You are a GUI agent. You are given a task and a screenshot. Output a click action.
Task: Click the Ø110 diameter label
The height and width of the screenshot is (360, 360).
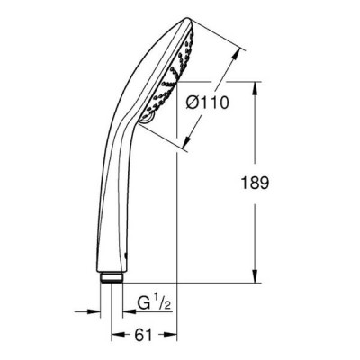[x=207, y=103]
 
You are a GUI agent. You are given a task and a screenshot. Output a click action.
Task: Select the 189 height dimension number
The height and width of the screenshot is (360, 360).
[x=255, y=183]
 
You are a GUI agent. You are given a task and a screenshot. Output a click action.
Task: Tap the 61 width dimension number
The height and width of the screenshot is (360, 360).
[x=143, y=335]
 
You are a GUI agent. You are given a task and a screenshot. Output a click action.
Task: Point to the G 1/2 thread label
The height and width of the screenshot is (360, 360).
[x=154, y=303]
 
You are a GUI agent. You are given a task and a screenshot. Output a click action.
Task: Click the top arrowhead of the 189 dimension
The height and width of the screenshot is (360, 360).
[x=255, y=88]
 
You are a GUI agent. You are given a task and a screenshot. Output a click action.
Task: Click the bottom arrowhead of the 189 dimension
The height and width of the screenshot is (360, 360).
[x=255, y=276]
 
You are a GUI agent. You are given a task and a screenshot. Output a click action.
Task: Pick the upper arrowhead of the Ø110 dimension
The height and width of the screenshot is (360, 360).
[x=237, y=54]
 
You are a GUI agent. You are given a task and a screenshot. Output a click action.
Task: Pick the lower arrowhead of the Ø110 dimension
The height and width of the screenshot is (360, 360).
[x=188, y=140]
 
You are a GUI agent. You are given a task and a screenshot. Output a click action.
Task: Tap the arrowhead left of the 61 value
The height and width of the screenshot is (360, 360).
[x=118, y=335]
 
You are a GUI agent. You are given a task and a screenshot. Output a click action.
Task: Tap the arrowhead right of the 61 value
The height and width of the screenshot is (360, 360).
[x=171, y=335]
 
